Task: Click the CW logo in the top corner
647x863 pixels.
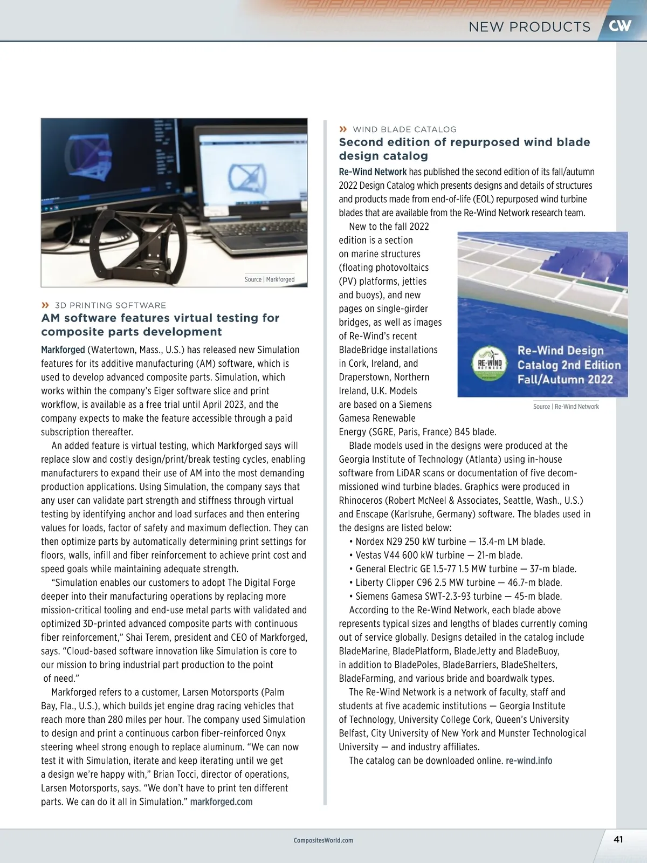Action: pyautogui.click(x=620, y=25)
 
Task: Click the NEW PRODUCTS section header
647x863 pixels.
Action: pyautogui.click(x=529, y=27)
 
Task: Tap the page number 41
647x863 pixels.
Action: pyautogui.click(x=618, y=839)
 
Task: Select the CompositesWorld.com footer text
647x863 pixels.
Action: pyautogui.click(x=323, y=840)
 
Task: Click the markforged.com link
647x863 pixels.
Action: pyautogui.click(x=221, y=802)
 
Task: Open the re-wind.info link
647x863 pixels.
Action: pyautogui.click(x=529, y=761)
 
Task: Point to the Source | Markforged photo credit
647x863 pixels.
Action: pyautogui.click(x=270, y=279)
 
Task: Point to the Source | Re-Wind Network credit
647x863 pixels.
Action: pyautogui.click(x=566, y=407)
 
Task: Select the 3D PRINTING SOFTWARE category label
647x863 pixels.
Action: pyautogui.click(x=110, y=305)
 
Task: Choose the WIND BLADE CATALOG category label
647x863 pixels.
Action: pyautogui.click(x=404, y=129)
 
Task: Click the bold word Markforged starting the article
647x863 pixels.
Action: pyautogui.click(x=63, y=350)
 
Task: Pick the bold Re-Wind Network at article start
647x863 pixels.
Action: pyautogui.click(x=373, y=172)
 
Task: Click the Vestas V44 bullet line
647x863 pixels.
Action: pyautogui.click(x=438, y=555)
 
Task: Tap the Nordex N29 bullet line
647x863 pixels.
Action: pyautogui.click(x=450, y=542)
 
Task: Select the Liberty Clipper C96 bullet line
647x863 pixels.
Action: pyautogui.click(x=458, y=583)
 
